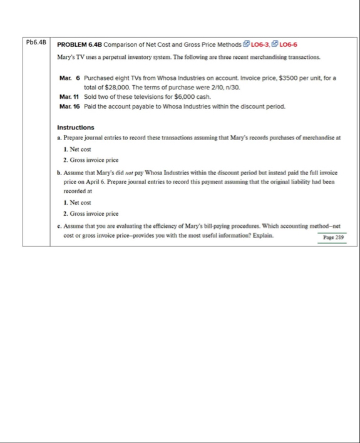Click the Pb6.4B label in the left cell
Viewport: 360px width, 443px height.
point(35,43)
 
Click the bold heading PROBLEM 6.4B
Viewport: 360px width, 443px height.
point(80,45)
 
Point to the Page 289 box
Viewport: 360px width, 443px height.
point(333,238)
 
